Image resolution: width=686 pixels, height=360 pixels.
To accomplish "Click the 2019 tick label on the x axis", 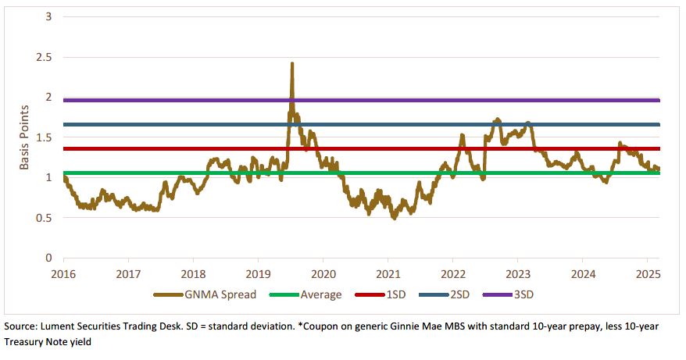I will coord(258,274).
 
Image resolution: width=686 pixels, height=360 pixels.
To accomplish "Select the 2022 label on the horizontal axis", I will coord(453,274).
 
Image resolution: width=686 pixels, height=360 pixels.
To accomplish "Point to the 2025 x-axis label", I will coord(647,274).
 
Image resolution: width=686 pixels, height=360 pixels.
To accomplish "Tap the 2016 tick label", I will coord(64,274).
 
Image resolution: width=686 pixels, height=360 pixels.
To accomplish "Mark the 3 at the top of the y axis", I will coord(48,17).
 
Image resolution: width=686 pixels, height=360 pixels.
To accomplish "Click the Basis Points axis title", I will coord(24,137).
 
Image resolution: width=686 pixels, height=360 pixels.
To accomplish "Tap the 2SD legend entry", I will coord(455,294).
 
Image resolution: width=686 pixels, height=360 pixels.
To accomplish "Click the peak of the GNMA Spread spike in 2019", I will coord(292,63).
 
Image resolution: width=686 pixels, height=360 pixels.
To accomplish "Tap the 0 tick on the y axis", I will coord(48,258).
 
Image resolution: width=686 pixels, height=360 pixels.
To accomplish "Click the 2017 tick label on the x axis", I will coord(129,274).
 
